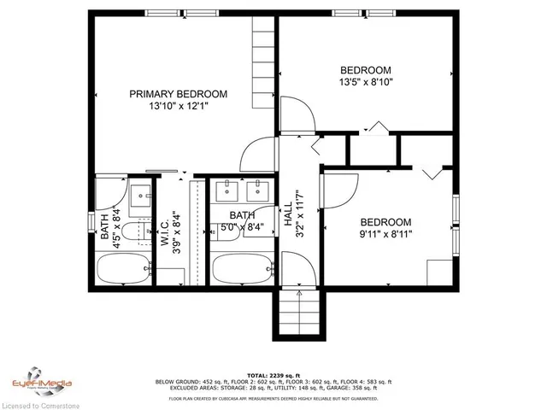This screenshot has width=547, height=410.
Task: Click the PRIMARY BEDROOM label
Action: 179,94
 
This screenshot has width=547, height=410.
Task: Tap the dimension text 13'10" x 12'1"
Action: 179,107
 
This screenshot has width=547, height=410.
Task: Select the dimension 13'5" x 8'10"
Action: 366,83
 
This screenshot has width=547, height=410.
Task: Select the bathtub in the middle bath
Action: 240,270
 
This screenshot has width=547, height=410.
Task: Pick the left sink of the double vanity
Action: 226,190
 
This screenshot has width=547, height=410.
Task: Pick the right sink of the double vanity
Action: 255,190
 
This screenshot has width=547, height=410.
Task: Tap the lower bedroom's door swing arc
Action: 340,186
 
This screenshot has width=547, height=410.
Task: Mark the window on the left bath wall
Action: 92,220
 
